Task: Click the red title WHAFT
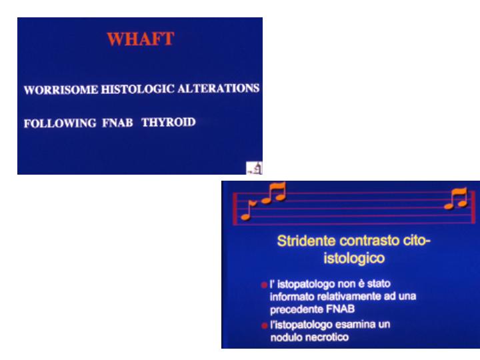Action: click(141, 39)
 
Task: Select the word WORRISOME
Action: click(61, 90)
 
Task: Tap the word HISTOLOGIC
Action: click(137, 89)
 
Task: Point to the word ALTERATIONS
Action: click(218, 88)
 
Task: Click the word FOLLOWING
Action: click(60, 123)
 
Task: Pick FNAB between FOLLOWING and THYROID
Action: click(117, 123)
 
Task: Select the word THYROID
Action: click(169, 122)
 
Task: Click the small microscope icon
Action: click(255, 168)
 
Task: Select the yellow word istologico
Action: click(354, 258)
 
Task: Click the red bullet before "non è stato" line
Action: click(264, 285)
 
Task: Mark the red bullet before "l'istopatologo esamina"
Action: click(265, 325)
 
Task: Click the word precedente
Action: click(297, 309)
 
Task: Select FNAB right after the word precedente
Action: click(341, 309)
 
